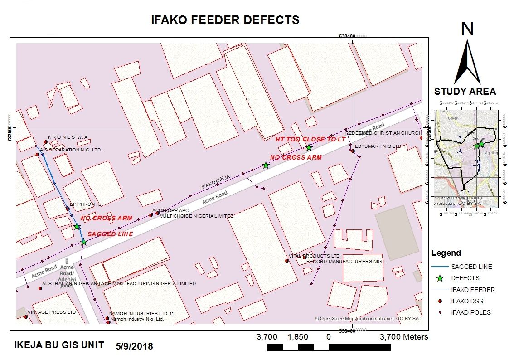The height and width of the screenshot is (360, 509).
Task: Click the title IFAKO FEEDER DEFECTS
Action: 225,20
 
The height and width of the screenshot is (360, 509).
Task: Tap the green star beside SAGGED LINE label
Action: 83,242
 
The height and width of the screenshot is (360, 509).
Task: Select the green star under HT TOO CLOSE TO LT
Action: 309,148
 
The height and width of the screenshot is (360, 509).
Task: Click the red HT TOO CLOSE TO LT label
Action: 310,140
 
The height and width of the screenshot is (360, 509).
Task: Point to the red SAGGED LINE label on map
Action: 110,234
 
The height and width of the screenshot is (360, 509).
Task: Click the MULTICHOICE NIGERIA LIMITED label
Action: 197,216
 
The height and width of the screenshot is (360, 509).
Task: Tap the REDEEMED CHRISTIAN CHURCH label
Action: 383,133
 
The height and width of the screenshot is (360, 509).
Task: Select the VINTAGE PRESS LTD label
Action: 52,312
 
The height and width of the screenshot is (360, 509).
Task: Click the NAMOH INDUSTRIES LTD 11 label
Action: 142,314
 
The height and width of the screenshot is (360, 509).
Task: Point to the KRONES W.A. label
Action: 68,137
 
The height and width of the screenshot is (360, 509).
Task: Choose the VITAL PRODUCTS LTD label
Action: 315,256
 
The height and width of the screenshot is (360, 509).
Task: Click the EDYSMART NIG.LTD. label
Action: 378,146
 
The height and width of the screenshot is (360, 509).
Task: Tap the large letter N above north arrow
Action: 467,29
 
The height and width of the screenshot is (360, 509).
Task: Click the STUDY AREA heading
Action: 465,92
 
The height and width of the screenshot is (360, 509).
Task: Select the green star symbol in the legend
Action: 439,278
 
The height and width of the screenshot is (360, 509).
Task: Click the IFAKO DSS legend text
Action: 467,301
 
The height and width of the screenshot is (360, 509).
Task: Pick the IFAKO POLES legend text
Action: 470,312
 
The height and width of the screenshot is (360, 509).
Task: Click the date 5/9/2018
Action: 135,346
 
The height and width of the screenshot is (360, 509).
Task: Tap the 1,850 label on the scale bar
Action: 298,337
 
